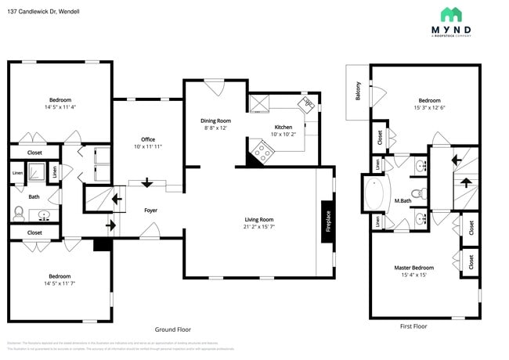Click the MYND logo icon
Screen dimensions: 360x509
[x=451, y=14]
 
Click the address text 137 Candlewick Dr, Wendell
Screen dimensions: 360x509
[x=43, y=12]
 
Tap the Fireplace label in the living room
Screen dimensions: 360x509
[x=328, y=221]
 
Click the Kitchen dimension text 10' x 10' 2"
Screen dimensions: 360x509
[x=283, y=135]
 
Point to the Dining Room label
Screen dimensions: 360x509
[x=215, y=121]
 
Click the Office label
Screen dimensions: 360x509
[x=147, y=139]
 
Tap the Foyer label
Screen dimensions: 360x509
[x=150, y=211]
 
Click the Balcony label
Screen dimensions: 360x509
[x=358, y=92]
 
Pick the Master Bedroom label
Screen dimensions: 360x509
[x=413, y=268]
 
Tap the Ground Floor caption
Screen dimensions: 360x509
[x=172, y=329]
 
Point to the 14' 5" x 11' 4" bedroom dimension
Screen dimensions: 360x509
[x=60, y=107]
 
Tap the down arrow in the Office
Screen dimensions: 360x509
[x=146, y=183]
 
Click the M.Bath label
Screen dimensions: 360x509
[x=403, y=202]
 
